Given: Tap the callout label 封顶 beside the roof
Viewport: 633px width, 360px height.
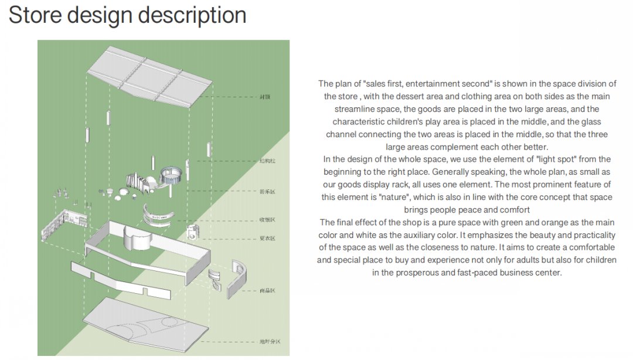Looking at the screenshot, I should pos(265,97).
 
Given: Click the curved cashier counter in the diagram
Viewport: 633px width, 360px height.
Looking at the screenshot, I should pos(159,213).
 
